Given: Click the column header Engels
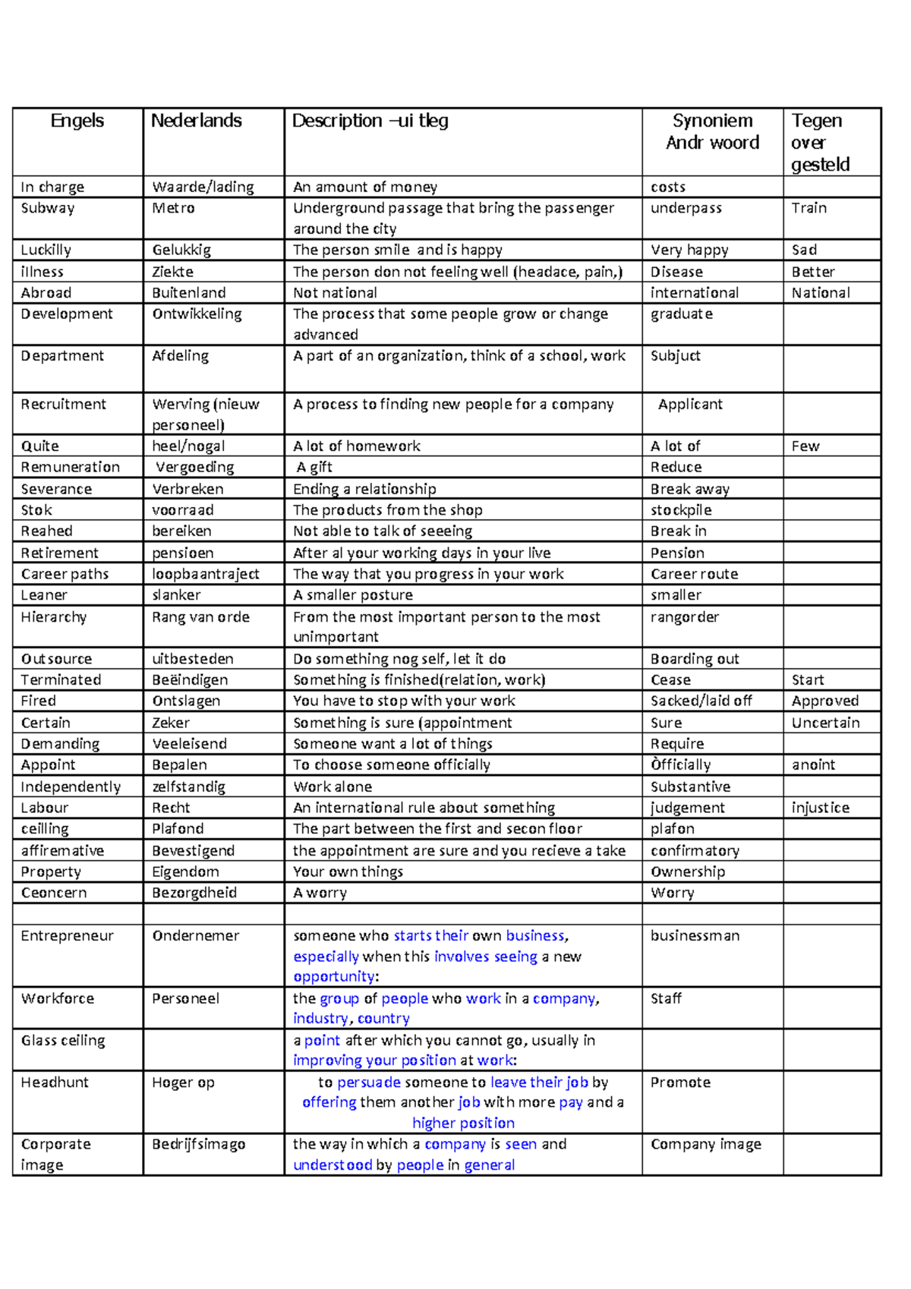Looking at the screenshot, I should pyautogui.click(x=77, y=121).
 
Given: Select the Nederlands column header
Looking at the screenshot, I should pyautogui.click(x=196, y=121).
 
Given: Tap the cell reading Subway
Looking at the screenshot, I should pyautogui.click(x=47, y=208).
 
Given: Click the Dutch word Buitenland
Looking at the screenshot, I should pyautogui.click(x=188, y=293).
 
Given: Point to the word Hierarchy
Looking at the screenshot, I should pyautogui.click(x=53, y=617).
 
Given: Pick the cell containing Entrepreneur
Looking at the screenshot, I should pyautogui.click(x=67, y=936).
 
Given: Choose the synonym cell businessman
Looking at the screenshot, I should pyautogui.click(x=695, y=936).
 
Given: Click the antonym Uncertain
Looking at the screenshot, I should pyautogui.click(x=825, y=723).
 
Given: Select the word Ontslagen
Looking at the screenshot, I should pyautogui.click(x=186, y=701).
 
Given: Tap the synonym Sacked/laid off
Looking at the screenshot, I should pyautogui.click(x=701, y=701).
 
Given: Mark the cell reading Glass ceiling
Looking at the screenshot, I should pyautogui.click(x=63, y=1041).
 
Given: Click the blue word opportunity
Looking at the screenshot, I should pyautogui.click(x=334, y=977).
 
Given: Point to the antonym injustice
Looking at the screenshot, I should pyautogui.click(x=820, y=808).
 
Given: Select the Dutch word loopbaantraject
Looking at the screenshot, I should pyautogui.click(x=205, y=575).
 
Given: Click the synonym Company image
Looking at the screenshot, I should pyautogui.click(x=705, y=1145).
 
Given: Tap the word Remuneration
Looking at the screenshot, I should pyautogui.click(x=70, y=468).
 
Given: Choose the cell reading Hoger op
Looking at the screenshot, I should pyautogui.click(x=183, y=1083).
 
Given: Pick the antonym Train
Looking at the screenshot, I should pyautogui.click(x=809, y=208).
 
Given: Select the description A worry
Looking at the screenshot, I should pyautogui.click(x=320, y=893).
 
